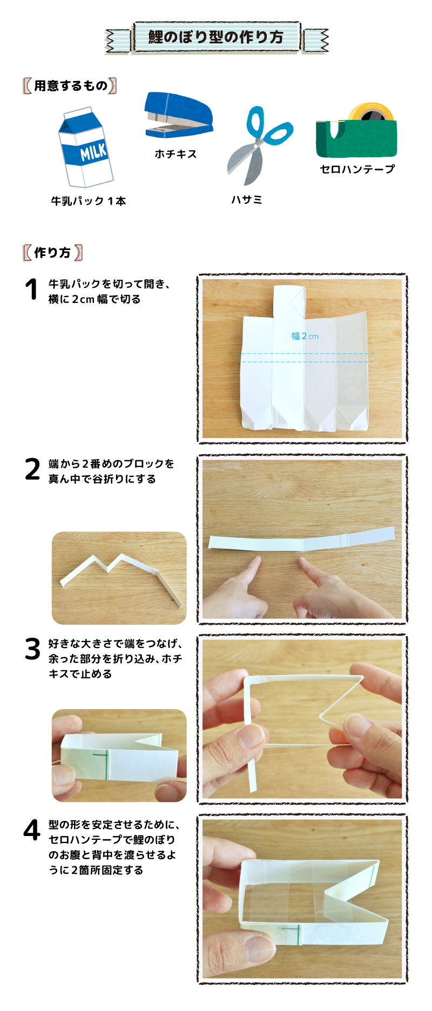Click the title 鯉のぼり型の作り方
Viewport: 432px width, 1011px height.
pyautogui.click(x=216, y=37)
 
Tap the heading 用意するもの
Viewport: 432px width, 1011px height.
pyautogui.click(x=71, y=85)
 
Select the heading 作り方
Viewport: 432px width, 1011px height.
pyautogui.click(x=52, y=252)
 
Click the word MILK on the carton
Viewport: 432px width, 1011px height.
pyautogui.click(x=93, y=152)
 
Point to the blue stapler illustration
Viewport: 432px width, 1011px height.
pyautogui.click(x=179, y=115)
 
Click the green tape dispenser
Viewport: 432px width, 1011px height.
pyautogui.click(x=356, y=138)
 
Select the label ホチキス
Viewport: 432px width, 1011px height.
pyautogui.click(x=175, y=154)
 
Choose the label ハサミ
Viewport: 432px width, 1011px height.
pyautogui.click(x=247, y=200)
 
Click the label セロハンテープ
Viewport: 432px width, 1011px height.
pyautogui.click(x=357, y=169)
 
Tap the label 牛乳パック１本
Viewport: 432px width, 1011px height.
pyautogui.click(x=89, y=201)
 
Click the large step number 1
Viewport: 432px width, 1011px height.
pyautogui.click(x=32, y=289)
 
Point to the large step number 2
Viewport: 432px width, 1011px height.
pyautogui.click(x=32, y=469)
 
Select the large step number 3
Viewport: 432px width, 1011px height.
pyautogui.click(x=32, y=649)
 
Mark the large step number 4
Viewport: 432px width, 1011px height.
pyautogui.click(x=32, y=830)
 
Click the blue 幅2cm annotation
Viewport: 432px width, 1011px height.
pyautogui.click(x=305, y=336)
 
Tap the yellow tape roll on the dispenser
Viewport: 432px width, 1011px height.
pyautogui.click(x=370, y=111)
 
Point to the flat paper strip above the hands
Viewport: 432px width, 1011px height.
pyautogui.click(x=301, y=542)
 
